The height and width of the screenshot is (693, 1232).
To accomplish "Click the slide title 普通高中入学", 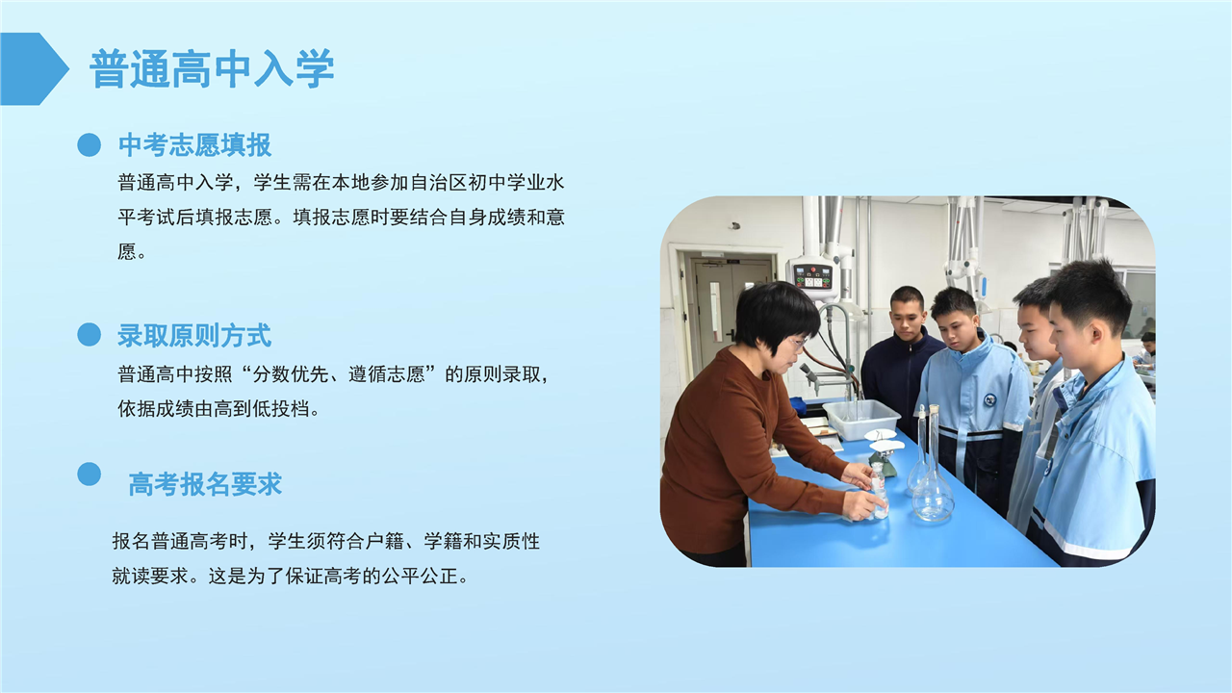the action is coord(212,68).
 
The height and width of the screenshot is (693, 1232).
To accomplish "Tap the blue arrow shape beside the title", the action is coord(34,68).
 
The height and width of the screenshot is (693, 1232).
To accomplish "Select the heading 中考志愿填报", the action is coord(194,145).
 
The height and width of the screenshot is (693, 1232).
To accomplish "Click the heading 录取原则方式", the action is coord(194,336).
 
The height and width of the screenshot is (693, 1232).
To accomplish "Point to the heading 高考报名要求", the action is coord(205,484).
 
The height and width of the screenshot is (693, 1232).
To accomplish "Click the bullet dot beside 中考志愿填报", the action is coord(90,145).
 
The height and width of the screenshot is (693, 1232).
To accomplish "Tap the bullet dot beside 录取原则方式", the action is coord(90,334).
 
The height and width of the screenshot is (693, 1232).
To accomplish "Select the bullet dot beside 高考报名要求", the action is coord(90,474).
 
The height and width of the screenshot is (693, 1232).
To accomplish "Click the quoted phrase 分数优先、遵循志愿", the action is coord(339,374).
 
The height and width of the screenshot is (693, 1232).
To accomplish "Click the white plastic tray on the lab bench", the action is coord(861,419).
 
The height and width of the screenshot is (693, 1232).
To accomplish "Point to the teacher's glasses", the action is coord(797,342).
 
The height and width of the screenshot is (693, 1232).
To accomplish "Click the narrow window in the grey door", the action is coord(715,312).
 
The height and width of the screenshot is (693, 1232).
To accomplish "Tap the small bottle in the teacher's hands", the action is coord(879,490).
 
